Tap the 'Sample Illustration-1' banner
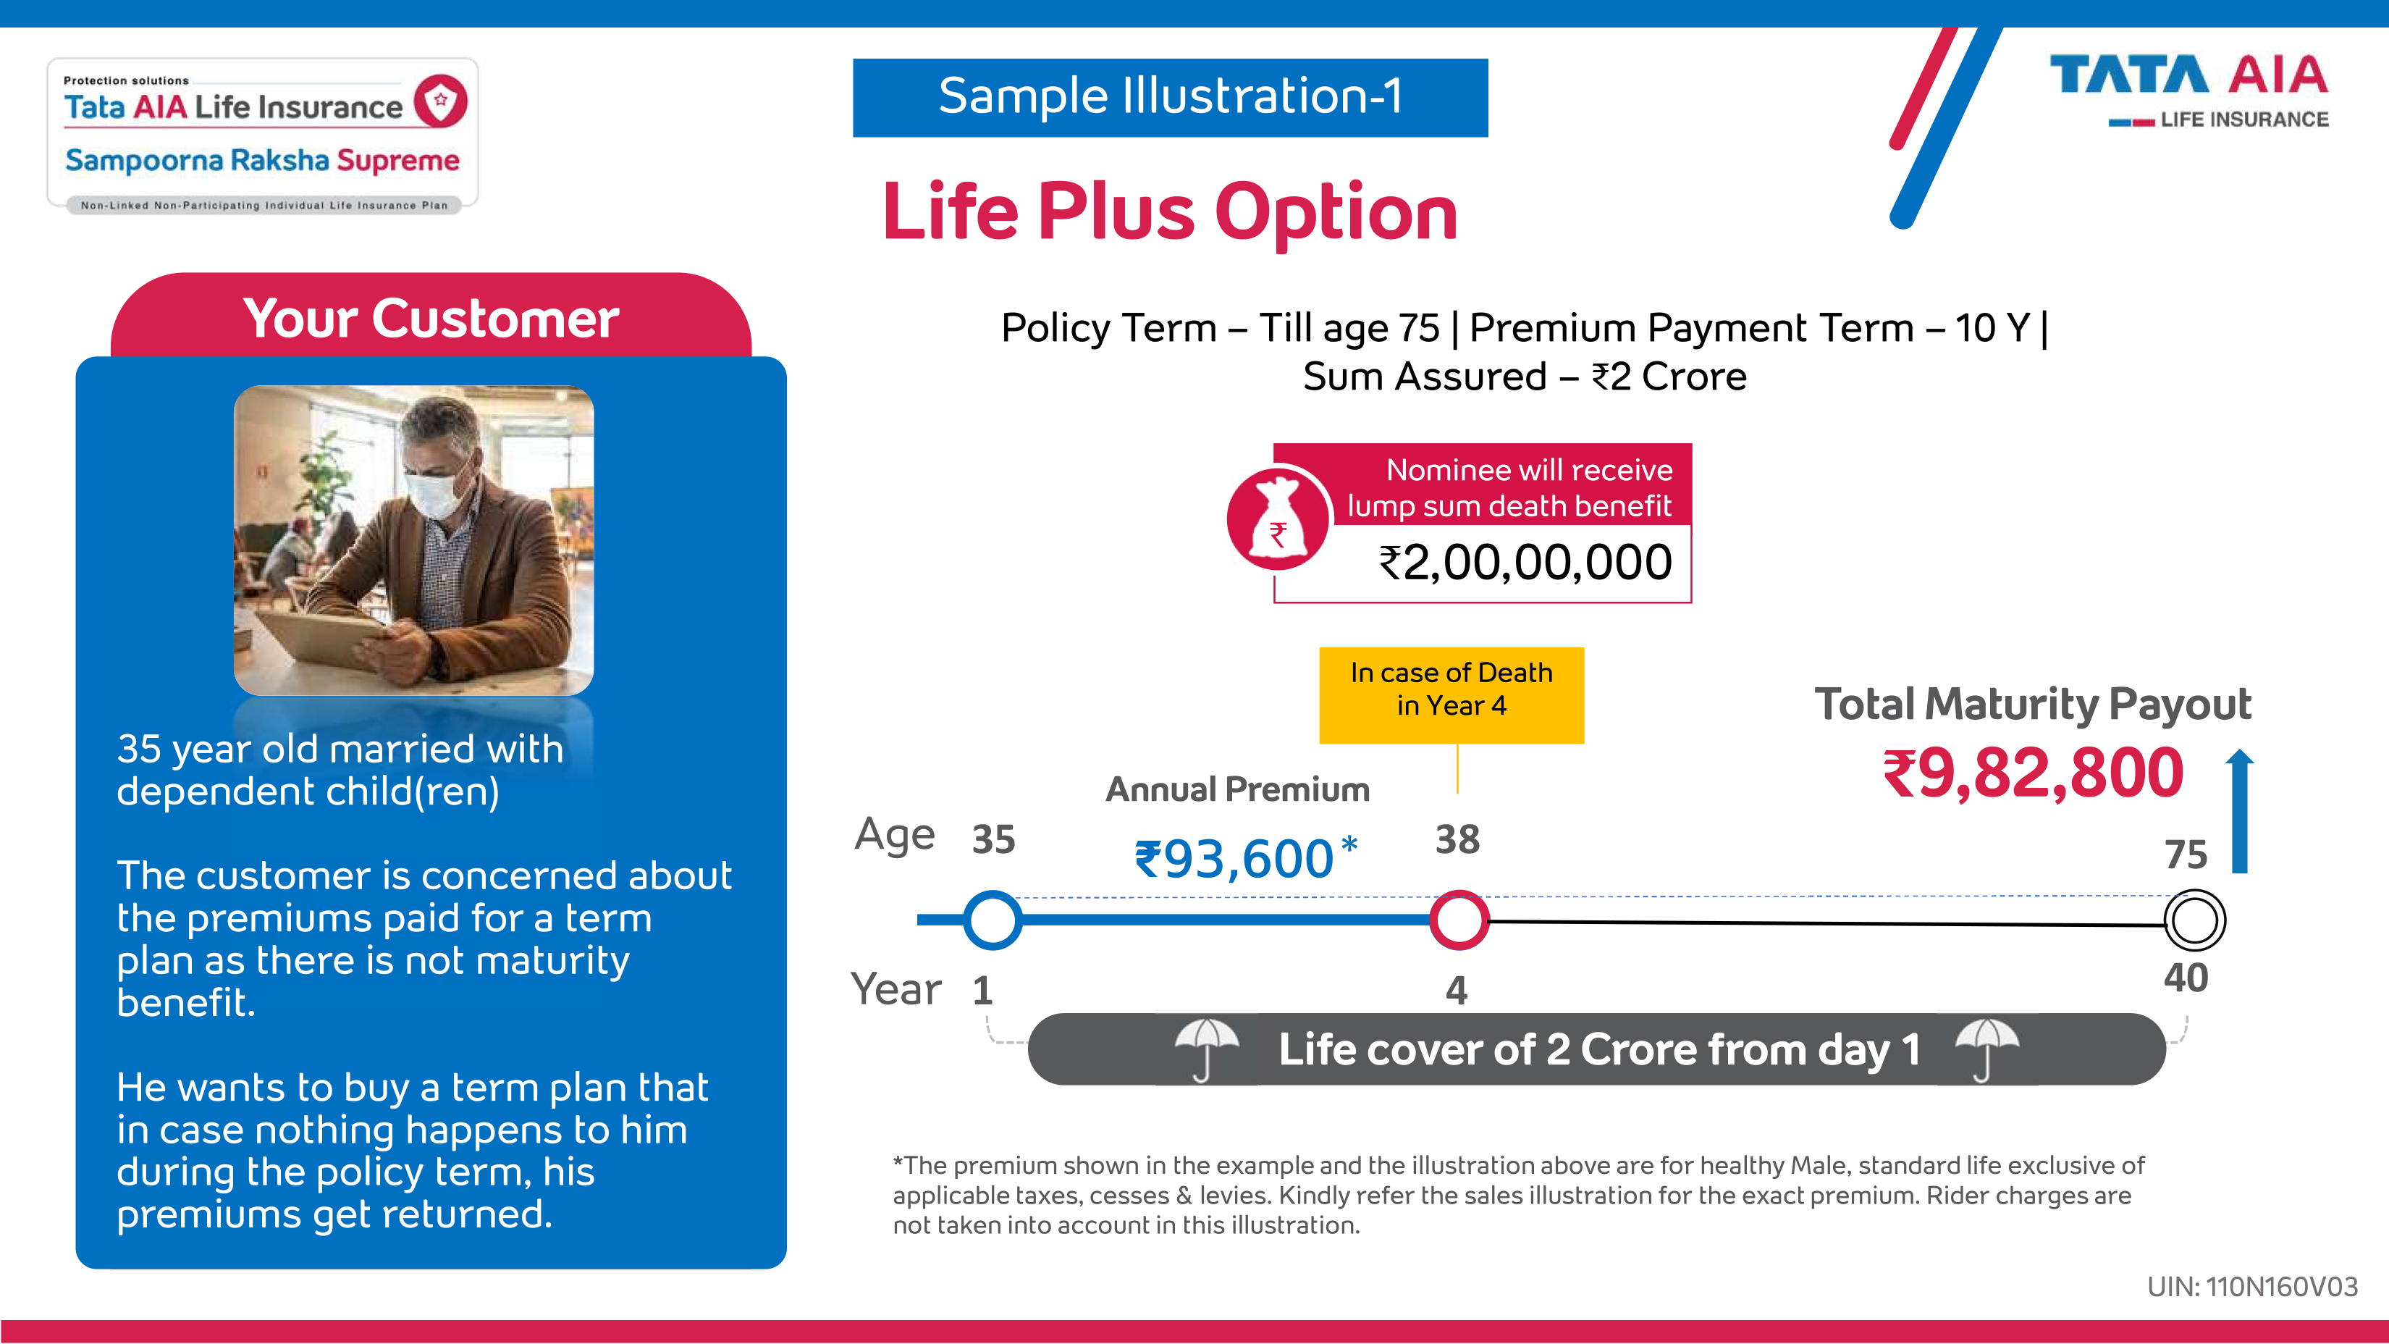tap(1171, 97)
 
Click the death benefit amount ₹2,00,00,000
tap(1525, 562)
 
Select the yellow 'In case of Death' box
tap(1451, 694)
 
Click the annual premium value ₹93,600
tap(1245, 858)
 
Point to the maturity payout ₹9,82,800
tap(2033, 773)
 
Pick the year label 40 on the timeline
tap(2186, 978)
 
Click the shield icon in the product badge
tap(441, 100)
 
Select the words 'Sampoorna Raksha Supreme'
tap(263, 161)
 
